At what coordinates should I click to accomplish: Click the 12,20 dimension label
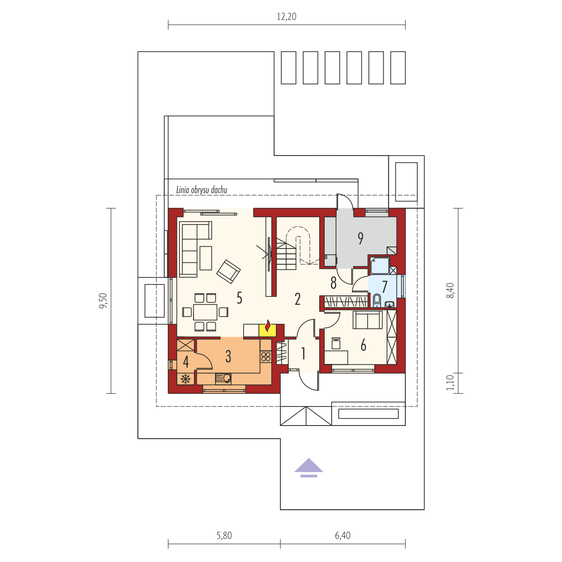tap(287, 17)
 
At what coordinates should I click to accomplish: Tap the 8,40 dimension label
tap(450, 290)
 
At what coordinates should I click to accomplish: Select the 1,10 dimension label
tap(450, 383)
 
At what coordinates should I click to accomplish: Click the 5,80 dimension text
tap(224, 536)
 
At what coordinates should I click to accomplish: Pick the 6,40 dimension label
tap(342, 536)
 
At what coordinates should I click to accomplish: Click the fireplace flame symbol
tap(268, 326)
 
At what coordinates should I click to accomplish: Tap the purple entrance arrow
tap(309, 468)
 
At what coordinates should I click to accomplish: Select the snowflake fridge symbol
tap(186, 379)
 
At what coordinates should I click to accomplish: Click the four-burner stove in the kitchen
tap(265, 357)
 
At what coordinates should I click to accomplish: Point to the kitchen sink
tap(223, 378)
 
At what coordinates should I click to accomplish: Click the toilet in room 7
tap(377, 300)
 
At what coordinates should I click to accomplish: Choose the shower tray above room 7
tap(380, 265)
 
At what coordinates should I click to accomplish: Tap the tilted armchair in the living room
tap(228, 272)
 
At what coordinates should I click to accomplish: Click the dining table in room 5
tap(205, 312)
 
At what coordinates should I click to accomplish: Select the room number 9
tap(361, 239)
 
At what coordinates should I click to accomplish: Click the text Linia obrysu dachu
tap(201, 190)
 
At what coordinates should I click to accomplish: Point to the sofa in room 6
tap(368, 320)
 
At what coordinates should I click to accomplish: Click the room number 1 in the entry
tap(303, 354)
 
